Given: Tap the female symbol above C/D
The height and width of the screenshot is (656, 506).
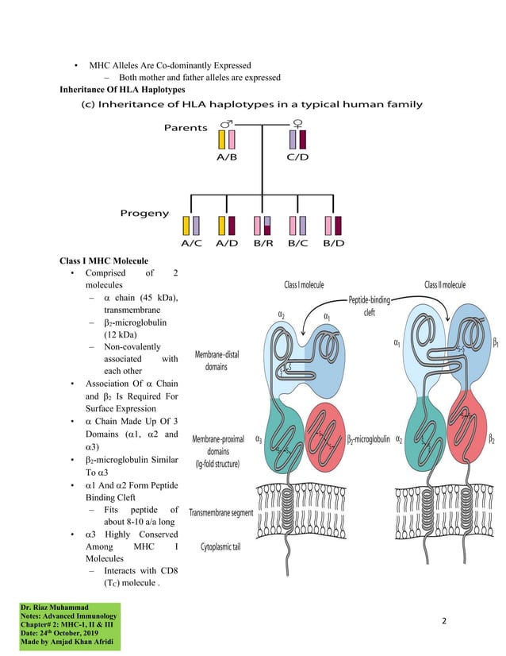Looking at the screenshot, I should [x=297, y=125].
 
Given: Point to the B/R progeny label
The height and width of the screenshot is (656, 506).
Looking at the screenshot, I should [x=263, y=243].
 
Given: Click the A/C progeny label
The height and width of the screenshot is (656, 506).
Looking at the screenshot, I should [x=191, y=243].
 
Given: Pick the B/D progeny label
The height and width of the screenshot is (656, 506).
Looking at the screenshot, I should [x=333, y=243].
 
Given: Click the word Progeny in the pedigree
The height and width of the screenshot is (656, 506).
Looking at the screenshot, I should [x=144, y=213].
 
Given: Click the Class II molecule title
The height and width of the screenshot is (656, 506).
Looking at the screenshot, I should [x=445, y=284].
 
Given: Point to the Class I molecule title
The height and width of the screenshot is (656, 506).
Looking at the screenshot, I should [x=304, y=284].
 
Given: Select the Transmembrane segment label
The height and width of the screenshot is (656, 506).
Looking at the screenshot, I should [x=221, y=513].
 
